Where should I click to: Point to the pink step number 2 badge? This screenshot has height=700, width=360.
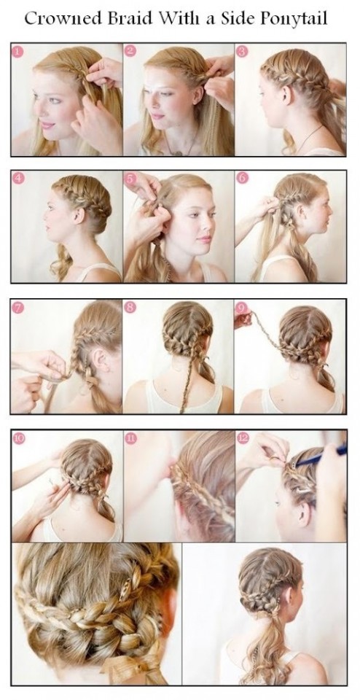tap(130, 52)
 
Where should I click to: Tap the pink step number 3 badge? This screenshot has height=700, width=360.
tap(243, 52)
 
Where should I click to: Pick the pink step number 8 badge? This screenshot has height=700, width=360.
tap(130, 307)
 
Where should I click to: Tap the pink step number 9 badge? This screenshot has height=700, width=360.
tap(243, 307)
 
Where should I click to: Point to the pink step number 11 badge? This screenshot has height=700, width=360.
tap(130, 438)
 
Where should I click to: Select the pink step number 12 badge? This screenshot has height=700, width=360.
tap(243, 438)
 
